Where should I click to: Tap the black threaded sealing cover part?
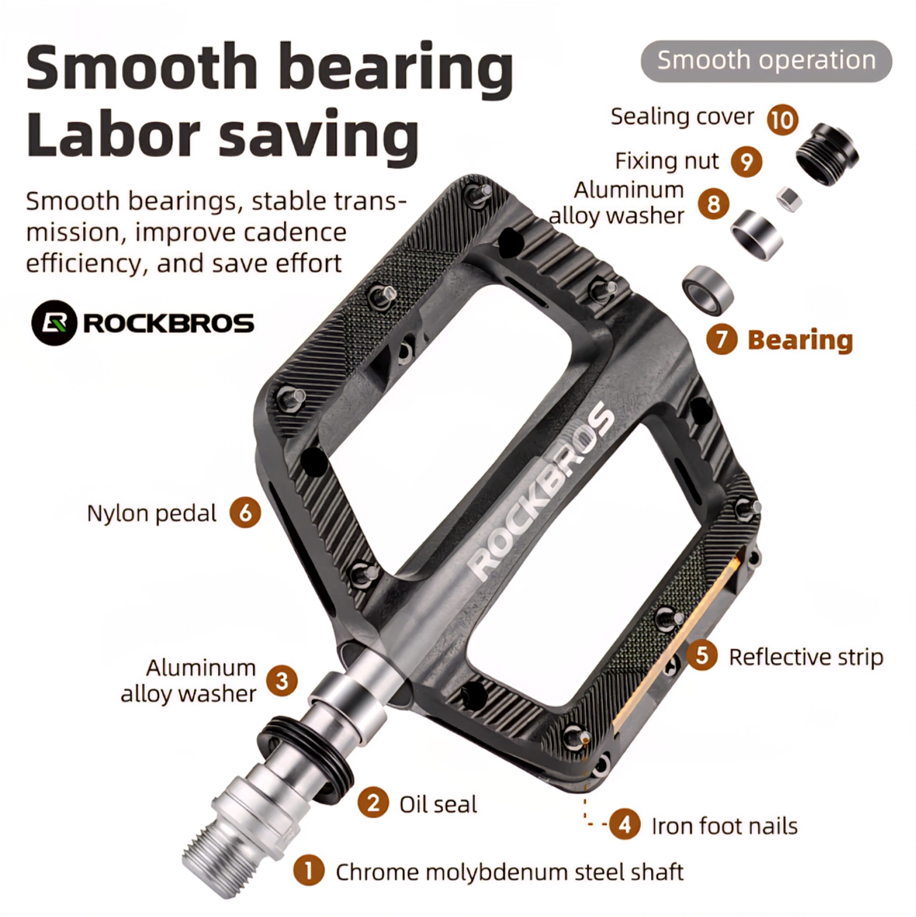tap(827, 154)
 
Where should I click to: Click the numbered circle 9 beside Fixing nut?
tap(747, 162)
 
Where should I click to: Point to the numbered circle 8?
tap(713, 204)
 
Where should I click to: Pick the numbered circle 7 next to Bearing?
tap(722, 340)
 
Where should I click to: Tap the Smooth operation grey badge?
tap(767, 61)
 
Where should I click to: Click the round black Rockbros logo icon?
tap(54, 323)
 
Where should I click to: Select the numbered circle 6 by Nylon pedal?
tap(245, 513)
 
